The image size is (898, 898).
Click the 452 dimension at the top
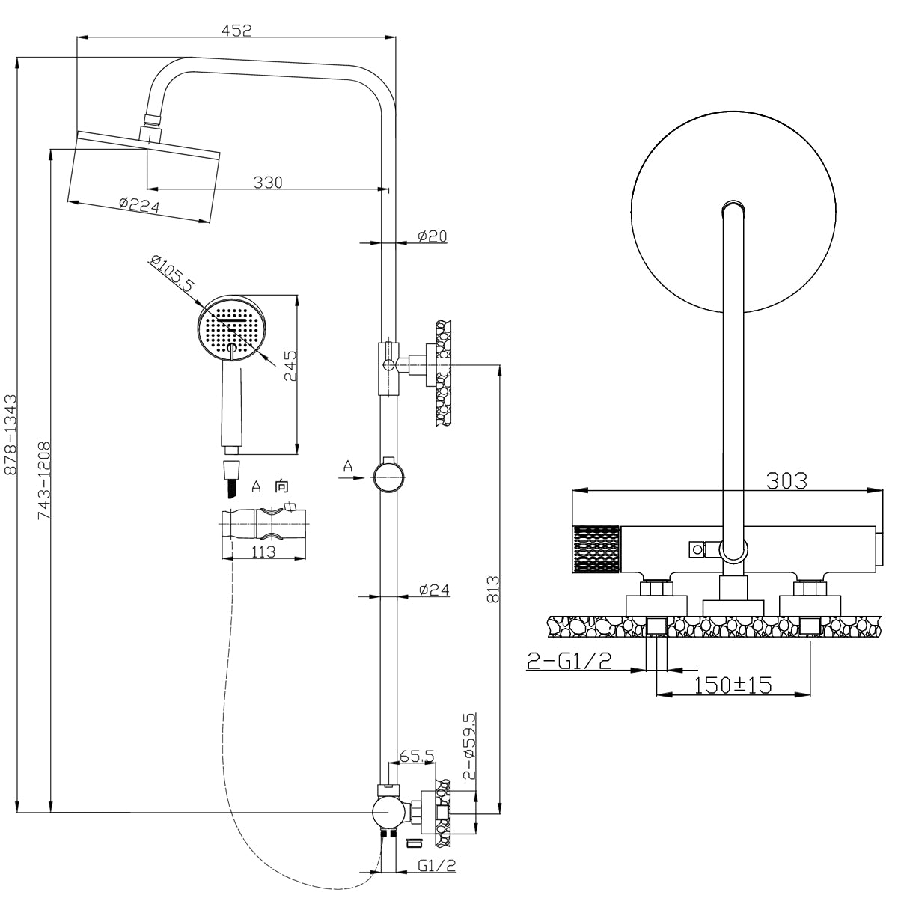click(236, 30)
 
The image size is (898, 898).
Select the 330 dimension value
click(267, 182)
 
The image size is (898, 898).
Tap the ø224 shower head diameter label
click(140, 206)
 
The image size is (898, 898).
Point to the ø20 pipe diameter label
click(433, 236)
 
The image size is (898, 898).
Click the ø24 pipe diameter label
click(434, 590)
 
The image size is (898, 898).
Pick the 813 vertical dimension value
click(492, 590)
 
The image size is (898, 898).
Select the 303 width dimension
click(786, 480)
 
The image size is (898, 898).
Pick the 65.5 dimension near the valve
click(417, 757)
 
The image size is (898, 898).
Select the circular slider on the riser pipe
click(389, 475)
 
